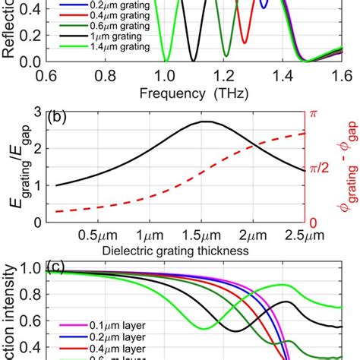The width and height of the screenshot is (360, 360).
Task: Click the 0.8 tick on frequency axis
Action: tap(106, 76)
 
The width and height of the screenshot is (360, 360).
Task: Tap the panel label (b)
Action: tap(60, 118)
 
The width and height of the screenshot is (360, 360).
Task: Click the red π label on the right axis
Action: tap(312, 112)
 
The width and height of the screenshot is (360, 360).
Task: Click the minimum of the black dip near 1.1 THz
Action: tap(194, 61)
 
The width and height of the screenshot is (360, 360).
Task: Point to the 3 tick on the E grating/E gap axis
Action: tap(37, 112)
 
